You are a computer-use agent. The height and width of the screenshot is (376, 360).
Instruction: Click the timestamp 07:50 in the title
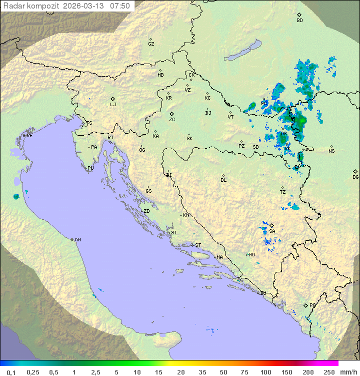click(120, 6)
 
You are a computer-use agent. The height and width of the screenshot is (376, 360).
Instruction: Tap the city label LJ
click(113, 105)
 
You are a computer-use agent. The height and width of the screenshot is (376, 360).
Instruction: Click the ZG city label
click(172, 120)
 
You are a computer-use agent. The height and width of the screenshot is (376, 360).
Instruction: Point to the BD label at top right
click(299, 21)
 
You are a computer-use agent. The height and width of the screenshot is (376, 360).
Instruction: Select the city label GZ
click(151, 44)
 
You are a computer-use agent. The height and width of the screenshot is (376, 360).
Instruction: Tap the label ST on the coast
click(198, 245)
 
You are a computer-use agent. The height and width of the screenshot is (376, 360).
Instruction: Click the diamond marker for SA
click(271, 225)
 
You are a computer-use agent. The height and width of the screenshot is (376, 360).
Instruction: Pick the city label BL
click(223, 180)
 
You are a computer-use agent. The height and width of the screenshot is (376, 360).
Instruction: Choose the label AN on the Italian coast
click(77, 240)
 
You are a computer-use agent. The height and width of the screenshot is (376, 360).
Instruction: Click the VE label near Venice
click(29, 136)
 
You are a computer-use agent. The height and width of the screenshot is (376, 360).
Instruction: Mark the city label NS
click(331, 151)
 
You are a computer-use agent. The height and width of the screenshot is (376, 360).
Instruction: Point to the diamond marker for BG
click(355, 171)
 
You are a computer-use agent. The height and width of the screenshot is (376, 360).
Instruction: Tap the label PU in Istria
click(90, 168)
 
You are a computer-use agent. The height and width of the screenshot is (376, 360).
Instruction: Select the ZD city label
click(146, 211)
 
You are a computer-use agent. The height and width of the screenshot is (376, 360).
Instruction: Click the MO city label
click(251, 255)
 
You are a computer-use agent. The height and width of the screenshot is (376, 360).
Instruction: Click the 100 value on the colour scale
click(266, 372)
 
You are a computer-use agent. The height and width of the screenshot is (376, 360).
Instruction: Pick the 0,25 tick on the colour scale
click(33, 372)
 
